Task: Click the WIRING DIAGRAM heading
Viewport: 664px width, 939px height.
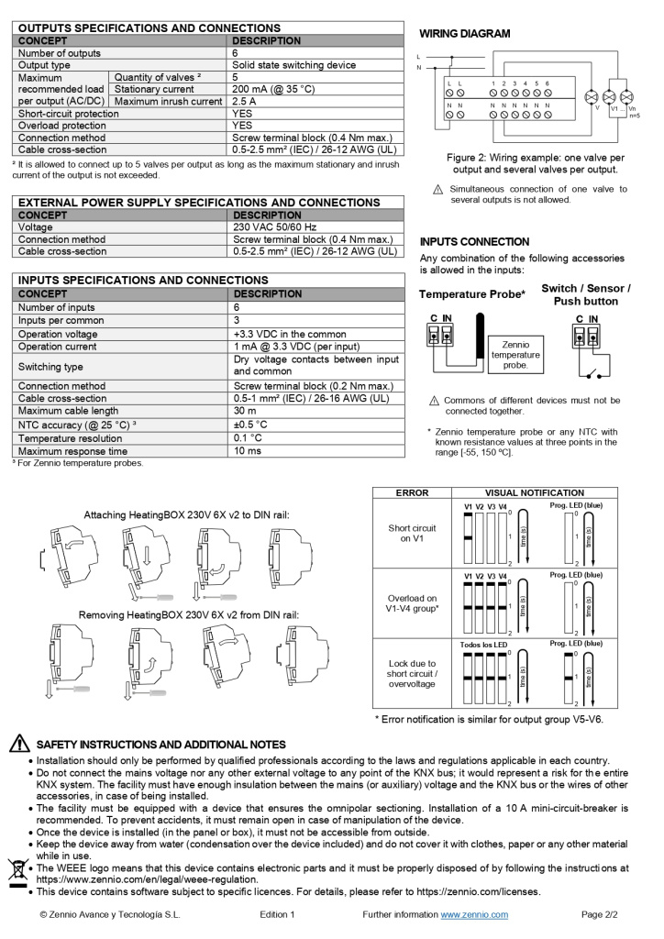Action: tap(465, 34)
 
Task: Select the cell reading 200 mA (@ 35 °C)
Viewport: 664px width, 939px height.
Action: tap(273, 89)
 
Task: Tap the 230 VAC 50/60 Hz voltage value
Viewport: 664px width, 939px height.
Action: tap(274, 226)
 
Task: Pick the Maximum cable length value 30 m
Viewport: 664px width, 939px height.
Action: tap(241, 412)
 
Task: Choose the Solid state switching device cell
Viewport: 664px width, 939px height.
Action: tap(293, 65)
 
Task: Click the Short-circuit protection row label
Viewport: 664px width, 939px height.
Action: tap(69, 114)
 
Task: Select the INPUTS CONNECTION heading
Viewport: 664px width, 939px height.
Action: tap(474, 242)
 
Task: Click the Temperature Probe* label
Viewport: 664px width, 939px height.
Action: tap(472, 294)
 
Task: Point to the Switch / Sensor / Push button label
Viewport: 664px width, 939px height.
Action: tap(585, 294)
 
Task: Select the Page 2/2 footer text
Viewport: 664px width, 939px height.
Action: tap(600, 914)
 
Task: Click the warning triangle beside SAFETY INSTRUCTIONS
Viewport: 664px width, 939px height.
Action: tap(18, 744)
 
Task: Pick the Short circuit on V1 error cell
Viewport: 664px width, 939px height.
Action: tap(412, 534)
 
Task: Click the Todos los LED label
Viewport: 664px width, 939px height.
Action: tap(482, 645)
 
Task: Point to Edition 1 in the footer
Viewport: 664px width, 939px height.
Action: tap(277, 914)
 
